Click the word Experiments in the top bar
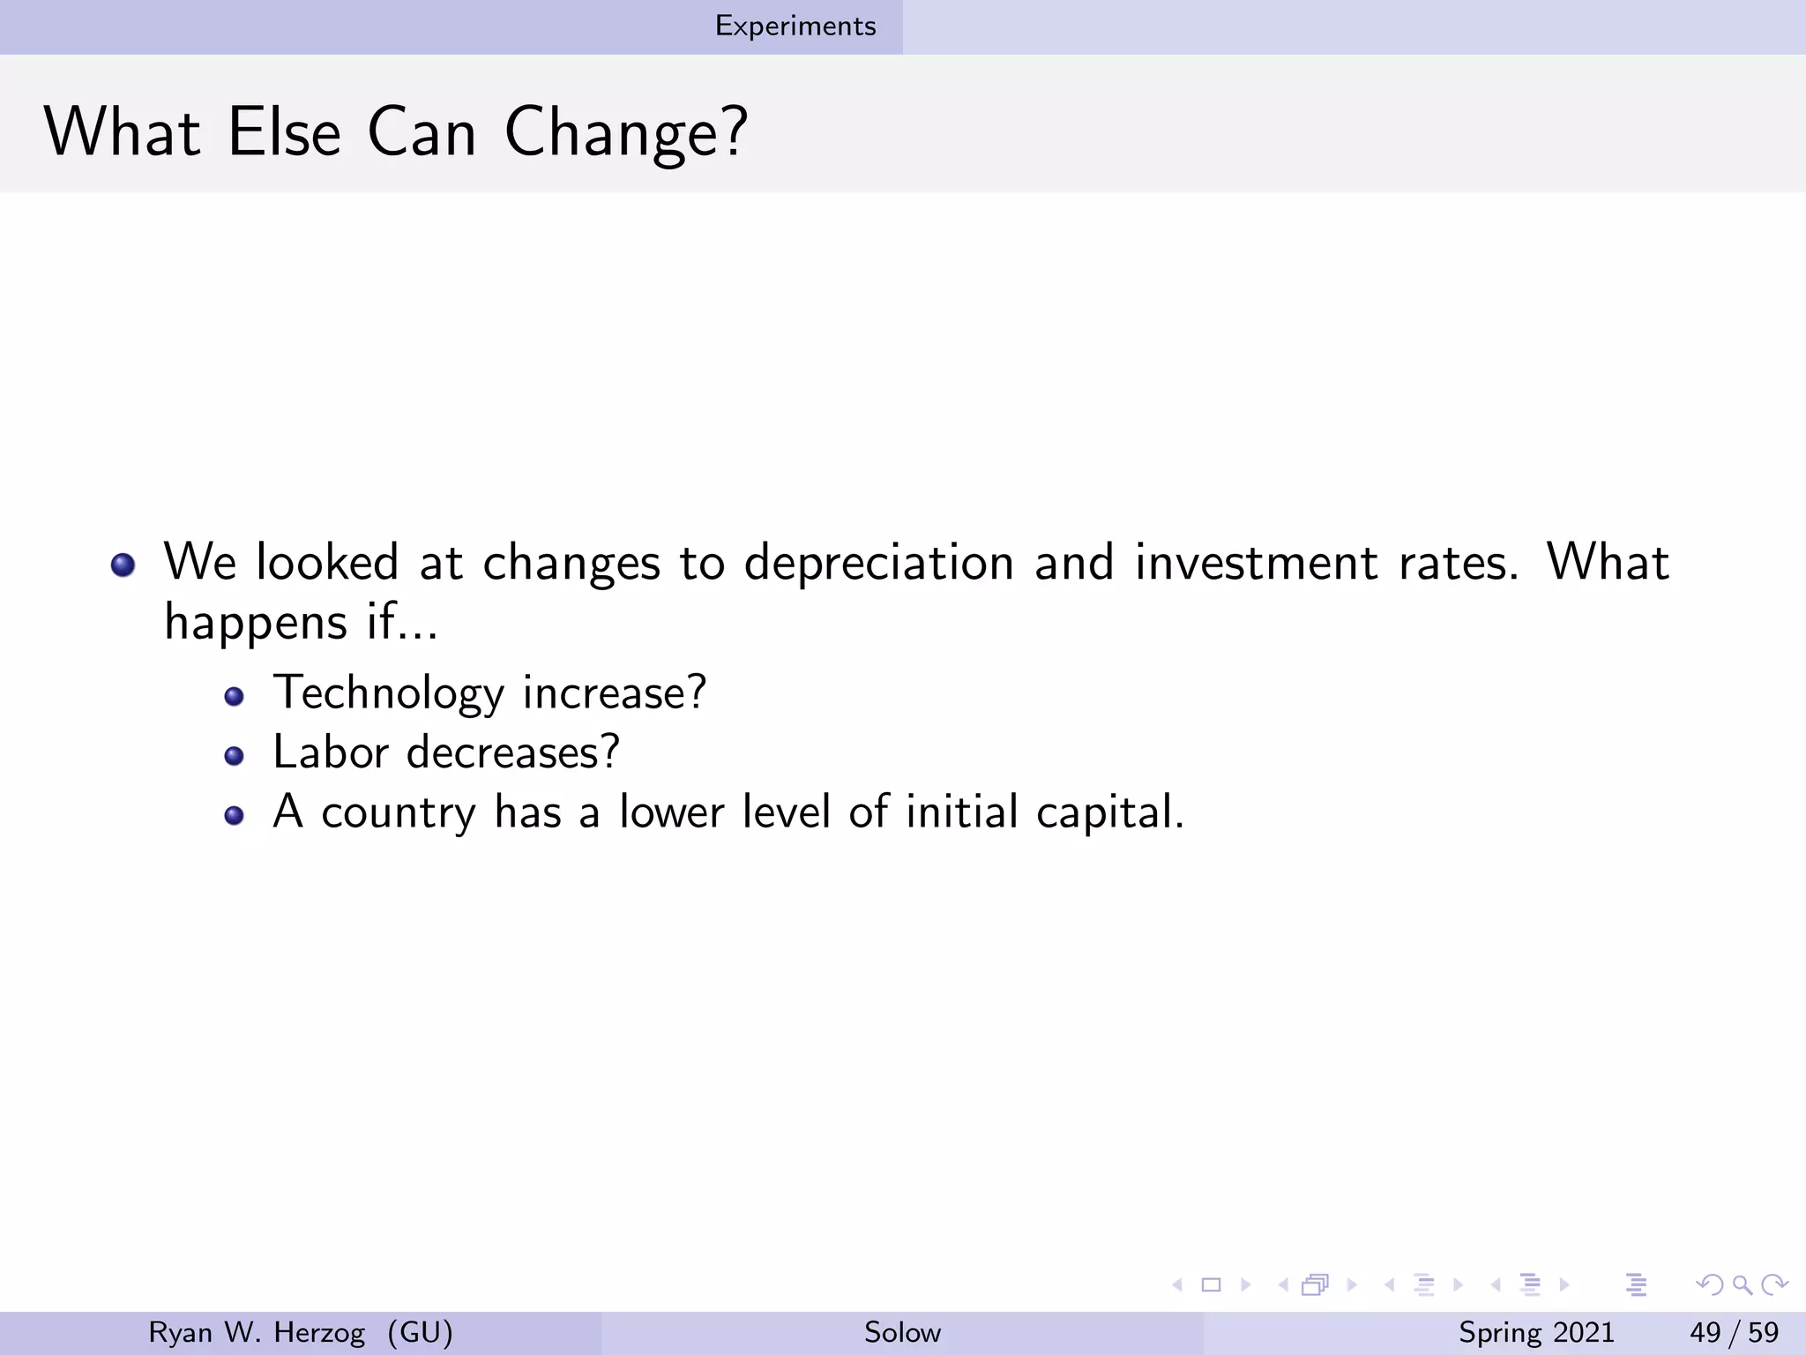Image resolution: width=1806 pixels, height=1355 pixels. point(795,26)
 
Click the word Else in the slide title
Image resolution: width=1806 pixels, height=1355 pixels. point(284,132)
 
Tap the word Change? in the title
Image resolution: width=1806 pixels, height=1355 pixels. point(626,134)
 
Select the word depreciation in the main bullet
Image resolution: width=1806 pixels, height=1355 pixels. point(879,563)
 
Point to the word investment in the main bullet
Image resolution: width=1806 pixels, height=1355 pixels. point(1256,563)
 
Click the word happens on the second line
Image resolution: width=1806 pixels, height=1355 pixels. point(257,624)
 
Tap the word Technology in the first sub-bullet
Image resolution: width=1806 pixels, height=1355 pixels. point(388,693)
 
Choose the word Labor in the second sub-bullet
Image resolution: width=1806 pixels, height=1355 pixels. point(331,752)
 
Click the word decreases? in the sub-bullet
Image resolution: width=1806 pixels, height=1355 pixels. point(513,752)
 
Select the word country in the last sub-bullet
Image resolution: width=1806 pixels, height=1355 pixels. point(398,812)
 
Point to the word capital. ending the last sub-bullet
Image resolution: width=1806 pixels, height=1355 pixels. point(1110,812)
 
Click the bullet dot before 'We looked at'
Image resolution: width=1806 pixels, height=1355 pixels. point(123,565)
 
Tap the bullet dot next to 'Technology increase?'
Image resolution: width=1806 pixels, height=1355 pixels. point(234,697)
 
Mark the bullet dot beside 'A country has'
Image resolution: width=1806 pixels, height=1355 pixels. point(234,816)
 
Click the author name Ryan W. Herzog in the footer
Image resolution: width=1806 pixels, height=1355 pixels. point(257,1332)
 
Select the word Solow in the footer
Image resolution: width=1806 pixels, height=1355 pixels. point(902,1332)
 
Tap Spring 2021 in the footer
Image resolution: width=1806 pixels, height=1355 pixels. point(1536,1332)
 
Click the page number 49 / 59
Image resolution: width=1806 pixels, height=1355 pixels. point(1734,1332)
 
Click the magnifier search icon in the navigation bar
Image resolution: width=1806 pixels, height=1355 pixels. point(1742,1285)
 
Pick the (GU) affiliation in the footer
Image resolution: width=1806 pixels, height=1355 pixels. point(420,1332)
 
